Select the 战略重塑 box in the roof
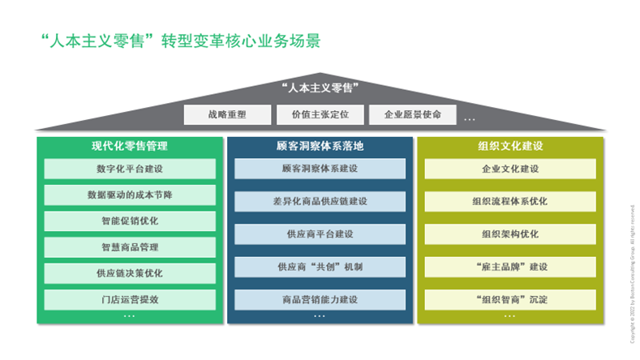227,115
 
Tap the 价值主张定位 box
320,115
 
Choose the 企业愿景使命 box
413,115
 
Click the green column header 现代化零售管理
130,146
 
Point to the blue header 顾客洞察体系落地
320,146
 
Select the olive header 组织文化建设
509,146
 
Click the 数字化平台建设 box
130,169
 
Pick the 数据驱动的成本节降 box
130,195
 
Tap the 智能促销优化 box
130,221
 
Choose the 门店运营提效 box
130,299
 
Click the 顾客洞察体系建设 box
320,169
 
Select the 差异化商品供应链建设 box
320,201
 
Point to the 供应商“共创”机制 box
320,267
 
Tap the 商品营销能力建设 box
320,299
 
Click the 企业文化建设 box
509,169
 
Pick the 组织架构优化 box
509,234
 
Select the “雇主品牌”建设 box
509,267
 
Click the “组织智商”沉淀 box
509,299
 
